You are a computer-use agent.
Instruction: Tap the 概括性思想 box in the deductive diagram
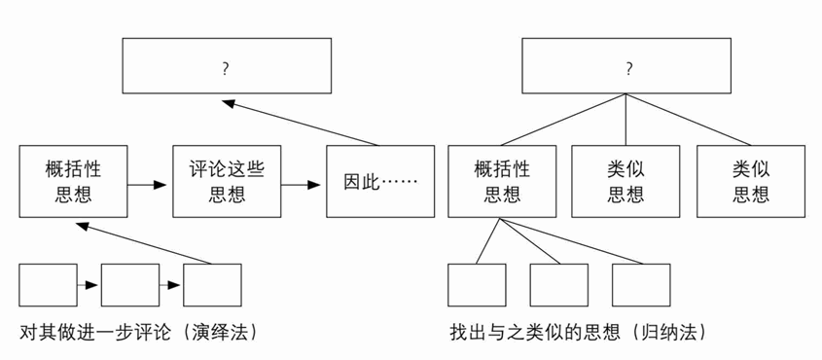tap(73, 181)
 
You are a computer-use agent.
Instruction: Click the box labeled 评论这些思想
tap(227, 181)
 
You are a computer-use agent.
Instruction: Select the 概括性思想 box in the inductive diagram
tap(502, 181)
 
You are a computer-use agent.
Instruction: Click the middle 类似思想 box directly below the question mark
tap(625, 181)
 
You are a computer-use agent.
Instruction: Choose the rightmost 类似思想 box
tap(750, 181)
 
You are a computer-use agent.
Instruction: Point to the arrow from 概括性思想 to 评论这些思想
tap(150, 182)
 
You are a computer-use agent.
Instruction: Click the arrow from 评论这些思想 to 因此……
tap(303, 182)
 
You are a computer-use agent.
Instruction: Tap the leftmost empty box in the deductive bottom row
tap(48, 285)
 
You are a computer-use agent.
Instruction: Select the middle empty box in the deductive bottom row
tap(129, 285)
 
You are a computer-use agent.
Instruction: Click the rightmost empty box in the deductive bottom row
tap(212, 285)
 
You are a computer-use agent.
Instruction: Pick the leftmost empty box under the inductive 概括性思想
tap(477, 285)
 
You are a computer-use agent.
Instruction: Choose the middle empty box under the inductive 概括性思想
tap(558, 285)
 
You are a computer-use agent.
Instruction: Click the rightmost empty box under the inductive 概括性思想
tap(641, 285)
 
